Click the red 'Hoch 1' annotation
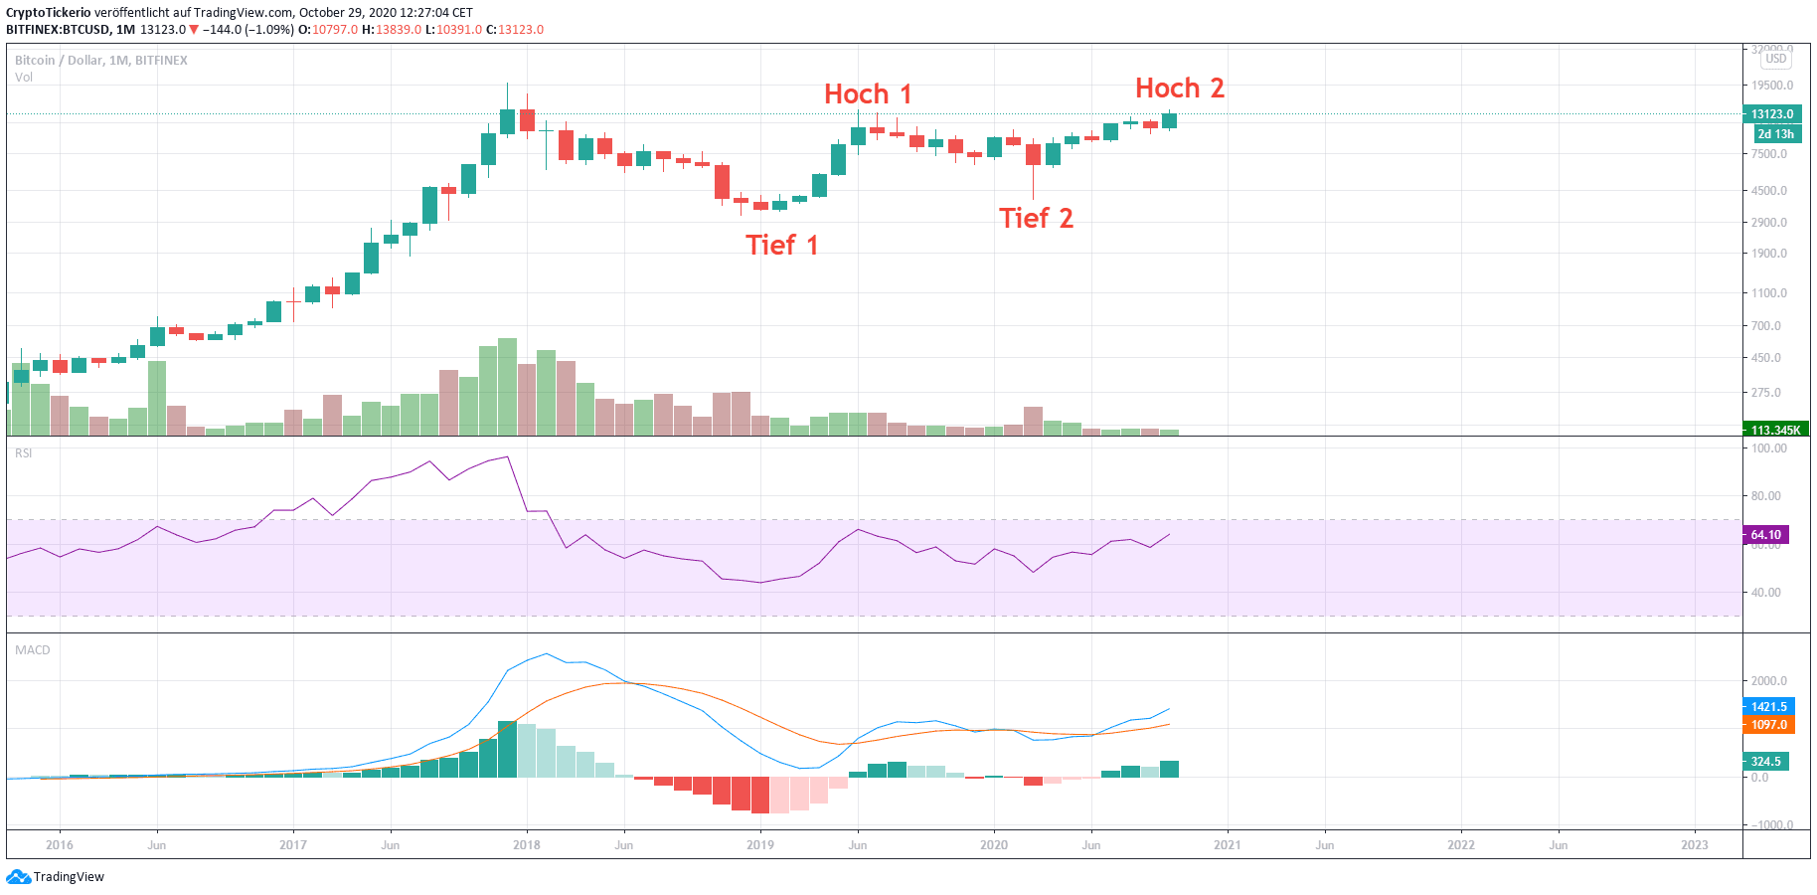(867, 94)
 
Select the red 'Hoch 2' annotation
(1179, 89)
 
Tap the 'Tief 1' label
(781, 246)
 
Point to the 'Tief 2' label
(1036, 219)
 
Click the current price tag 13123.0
(1773, 114)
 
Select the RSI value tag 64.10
(1766, 535)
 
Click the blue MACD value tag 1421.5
(1768, 707)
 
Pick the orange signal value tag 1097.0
(1768, 725)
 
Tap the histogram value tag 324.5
(1765, 762)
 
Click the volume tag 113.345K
(1775, 430)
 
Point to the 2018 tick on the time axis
(527, 845)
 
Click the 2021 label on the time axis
(1228, 845)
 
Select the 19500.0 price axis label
(1772, 86)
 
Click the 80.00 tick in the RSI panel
(1766, 496)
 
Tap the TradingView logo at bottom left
(56, 877)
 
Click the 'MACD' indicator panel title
(33, 650)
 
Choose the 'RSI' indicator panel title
(24, 453)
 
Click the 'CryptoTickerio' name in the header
(49, 13)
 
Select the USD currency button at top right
(1776, 59)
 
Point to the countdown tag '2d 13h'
(1776, 134)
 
